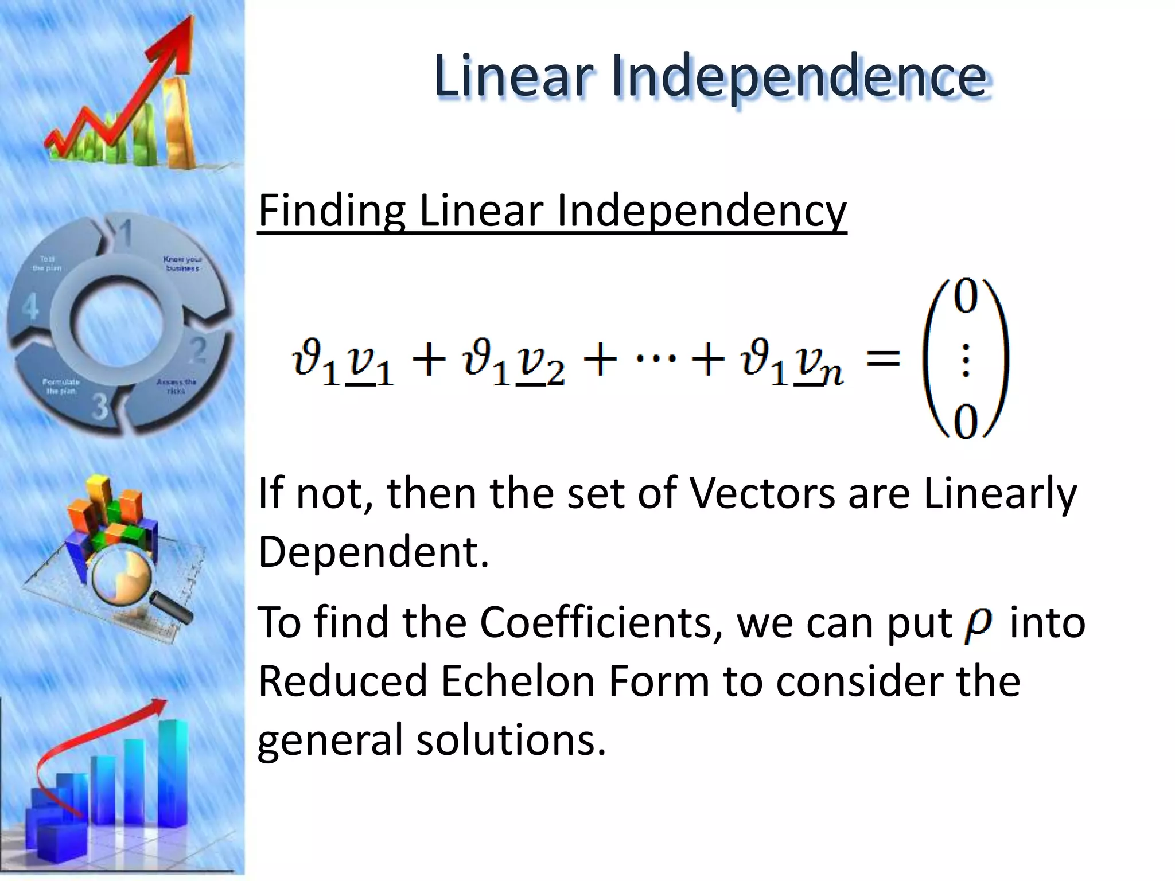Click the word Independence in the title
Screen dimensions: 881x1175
pos(799,76)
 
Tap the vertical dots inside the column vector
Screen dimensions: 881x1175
pos(965,360)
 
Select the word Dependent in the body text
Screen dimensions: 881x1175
pos(373,552)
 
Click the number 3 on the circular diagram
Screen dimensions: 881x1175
pos(100,406)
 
